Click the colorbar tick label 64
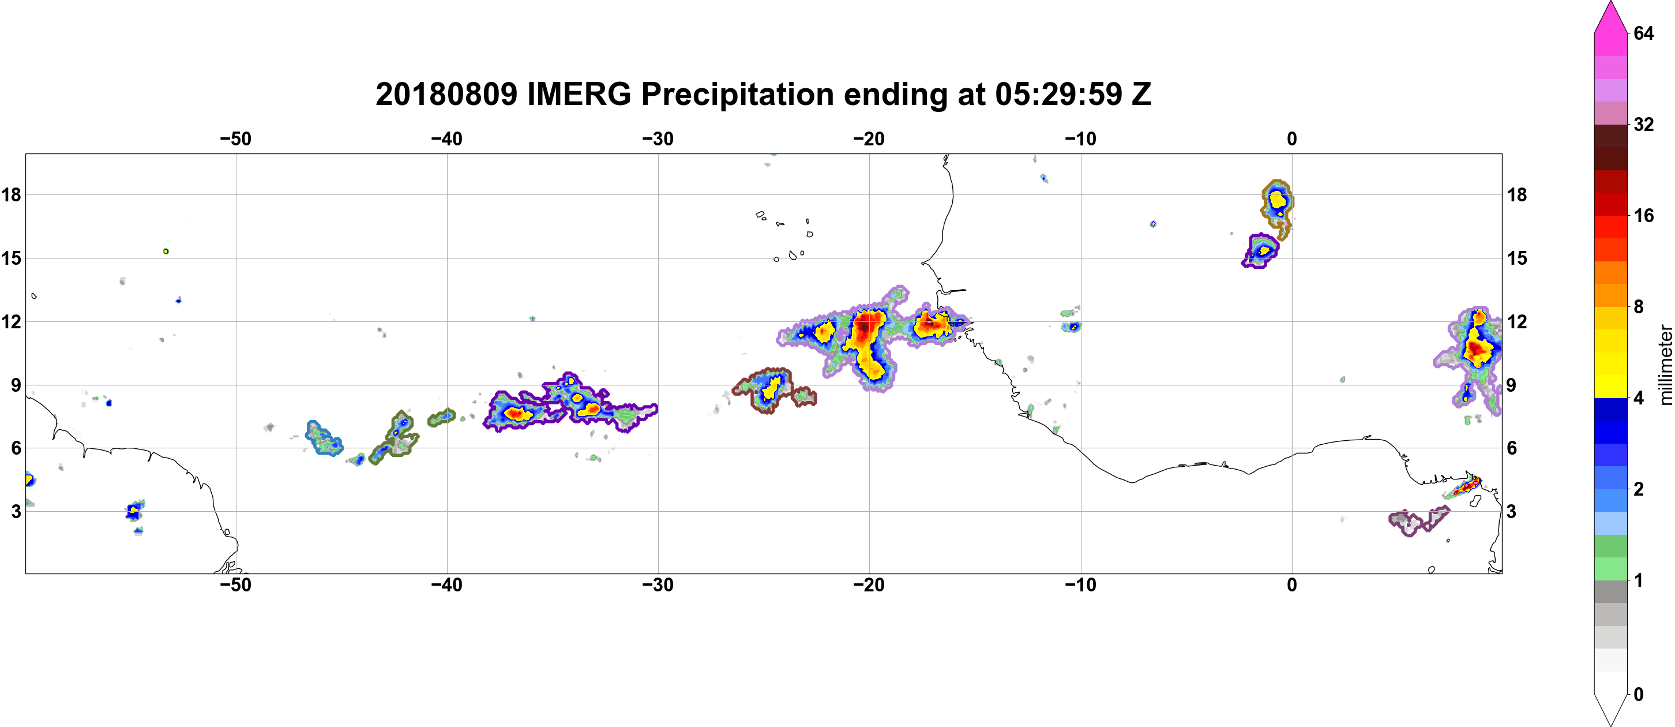[x=1644, y=33]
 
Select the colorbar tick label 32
[x=1644, y=124]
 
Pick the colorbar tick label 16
[x=1644, y=215]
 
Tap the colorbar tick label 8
[x=1639, y=306]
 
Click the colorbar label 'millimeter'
[x=1665, y=365]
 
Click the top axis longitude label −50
[x=235, y=139]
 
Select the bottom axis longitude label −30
[x=658, y=585]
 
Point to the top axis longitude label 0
[x=1292, y=139]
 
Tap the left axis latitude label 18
[x=11, y=194]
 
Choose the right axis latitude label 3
[x=1511, y=512]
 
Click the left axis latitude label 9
[x=16, y=385]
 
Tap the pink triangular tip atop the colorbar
[x=1610, y=16]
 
